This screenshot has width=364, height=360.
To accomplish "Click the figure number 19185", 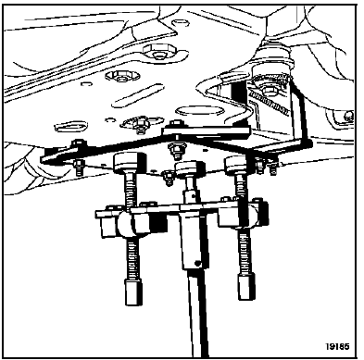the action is coord(337,346).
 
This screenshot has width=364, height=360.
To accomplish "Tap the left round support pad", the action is coord(129,162).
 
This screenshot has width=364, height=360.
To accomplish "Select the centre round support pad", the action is coord(190,168).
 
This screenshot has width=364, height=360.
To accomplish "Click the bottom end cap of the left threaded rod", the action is coord(134,292).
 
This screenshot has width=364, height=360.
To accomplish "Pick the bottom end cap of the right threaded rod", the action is coord(246,287).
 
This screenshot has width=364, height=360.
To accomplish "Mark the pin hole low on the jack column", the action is coord(197,263).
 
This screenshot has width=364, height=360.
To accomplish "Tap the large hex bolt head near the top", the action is coord(159,51).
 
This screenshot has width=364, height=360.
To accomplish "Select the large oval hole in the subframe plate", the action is coord(199,111).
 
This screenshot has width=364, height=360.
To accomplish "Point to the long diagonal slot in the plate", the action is coord(137,95).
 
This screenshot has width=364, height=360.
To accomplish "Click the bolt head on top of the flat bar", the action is coord(177,124).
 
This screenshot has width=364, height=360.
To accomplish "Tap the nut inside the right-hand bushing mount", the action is coord(270,90).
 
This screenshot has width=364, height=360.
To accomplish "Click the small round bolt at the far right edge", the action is coord(349,116).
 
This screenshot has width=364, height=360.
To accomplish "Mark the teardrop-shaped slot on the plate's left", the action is coord(69,126).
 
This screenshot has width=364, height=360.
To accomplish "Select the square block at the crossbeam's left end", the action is coord(107,223).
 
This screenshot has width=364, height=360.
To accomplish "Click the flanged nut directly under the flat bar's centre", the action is coord(176,149).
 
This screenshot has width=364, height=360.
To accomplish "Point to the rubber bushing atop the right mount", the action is coord(272,53).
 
